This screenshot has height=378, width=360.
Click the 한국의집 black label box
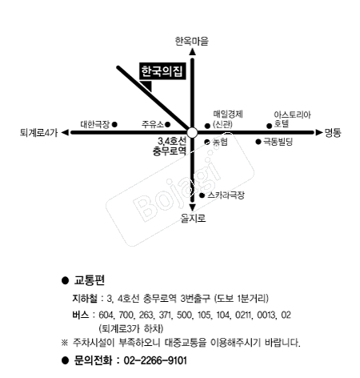pyautogui.click(x=162, y=71)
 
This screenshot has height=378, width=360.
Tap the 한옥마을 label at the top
pyautogui.click(x=192, y=41)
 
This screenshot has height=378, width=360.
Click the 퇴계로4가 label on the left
pyautogui.click(x=38, y=133)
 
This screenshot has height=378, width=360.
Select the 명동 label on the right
pyautogui.click(x=333, y=133)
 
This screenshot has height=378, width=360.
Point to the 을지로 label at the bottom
pyautogui.click(x=193, y=219)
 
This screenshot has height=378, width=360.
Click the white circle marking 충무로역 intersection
pyautogui.click(x=192, y=133)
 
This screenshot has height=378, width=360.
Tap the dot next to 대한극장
pyautogui.click(x=114, y=124)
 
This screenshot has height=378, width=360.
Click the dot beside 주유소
pyautogui.click(x=167, y=124)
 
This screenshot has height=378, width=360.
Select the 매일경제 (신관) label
pyautogui.click(x=228, y=119)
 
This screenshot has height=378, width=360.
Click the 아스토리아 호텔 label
pyautogui.click(x=292, y=119)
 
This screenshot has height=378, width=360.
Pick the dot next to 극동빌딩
pyautogui.click(x=258, y=142)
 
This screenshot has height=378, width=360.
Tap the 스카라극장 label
pyautogui.click(x=226, y=195)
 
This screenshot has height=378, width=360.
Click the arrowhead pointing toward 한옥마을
pyautogui.click(x=192, y=52)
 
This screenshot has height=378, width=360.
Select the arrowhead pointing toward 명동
pyautogui.click(x=319, y=133)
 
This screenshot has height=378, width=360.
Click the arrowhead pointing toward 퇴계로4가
pyautogui.click(x=65, y=133)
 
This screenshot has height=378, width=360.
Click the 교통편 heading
pyautogui.click(x=90, y=280)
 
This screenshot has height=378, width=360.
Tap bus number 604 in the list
pyautogui.click(x=106, y=315)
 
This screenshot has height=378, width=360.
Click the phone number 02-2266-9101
pyautogui.click(x=155, y=360)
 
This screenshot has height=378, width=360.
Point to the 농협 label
pyautogui.click(x=220, y=142)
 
